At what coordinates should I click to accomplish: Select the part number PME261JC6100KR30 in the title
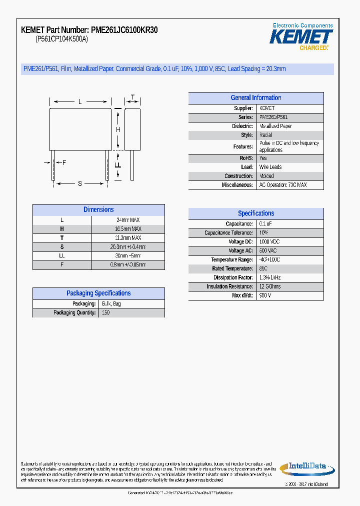tap(124, 30)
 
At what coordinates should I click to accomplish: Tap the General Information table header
tap(255, 98)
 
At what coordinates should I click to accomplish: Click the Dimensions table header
tap(98, 210)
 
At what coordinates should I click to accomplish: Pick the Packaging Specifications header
tap(98, 293)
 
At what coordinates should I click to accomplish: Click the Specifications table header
tap(255, 213)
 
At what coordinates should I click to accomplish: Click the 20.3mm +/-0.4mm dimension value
tap(128, 247)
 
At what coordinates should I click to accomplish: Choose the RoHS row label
tap(246, 158)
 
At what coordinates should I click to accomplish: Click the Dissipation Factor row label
tap(232, 277)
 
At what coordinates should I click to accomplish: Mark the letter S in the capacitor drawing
tap(80, 183)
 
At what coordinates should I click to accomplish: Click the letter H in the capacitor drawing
tap(118, 130)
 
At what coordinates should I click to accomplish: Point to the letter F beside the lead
tap(64, 162)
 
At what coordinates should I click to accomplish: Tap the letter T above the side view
tap(132, 97)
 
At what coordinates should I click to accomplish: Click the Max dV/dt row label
tap(242, 295)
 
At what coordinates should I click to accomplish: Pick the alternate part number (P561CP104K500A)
tap(61, 39)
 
